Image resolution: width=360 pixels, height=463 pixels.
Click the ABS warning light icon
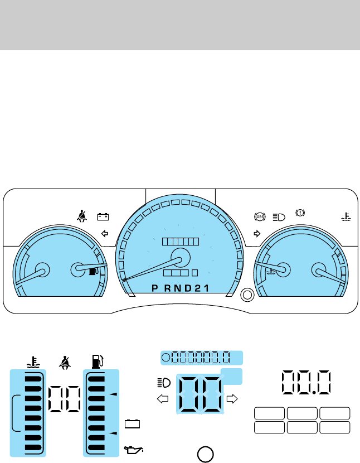259,216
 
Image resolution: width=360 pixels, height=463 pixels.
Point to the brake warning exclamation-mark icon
300,213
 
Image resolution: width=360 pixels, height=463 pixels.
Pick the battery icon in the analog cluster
103,216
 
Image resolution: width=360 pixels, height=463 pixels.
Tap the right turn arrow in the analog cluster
257,233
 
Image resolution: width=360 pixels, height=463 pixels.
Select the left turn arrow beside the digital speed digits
162,398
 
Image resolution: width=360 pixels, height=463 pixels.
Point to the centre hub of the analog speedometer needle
179,258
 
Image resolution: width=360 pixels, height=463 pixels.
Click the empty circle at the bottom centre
205,452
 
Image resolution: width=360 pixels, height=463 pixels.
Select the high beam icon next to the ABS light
279,216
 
